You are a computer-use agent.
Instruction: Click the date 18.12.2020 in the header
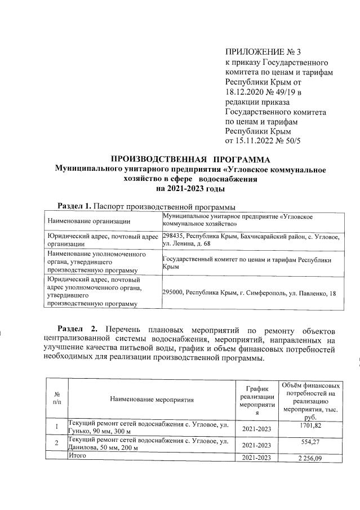(246, 93)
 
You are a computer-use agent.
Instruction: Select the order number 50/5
(291, 141)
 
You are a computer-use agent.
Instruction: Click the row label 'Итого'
(77, 455)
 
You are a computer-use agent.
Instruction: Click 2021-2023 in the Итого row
(256, 459)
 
